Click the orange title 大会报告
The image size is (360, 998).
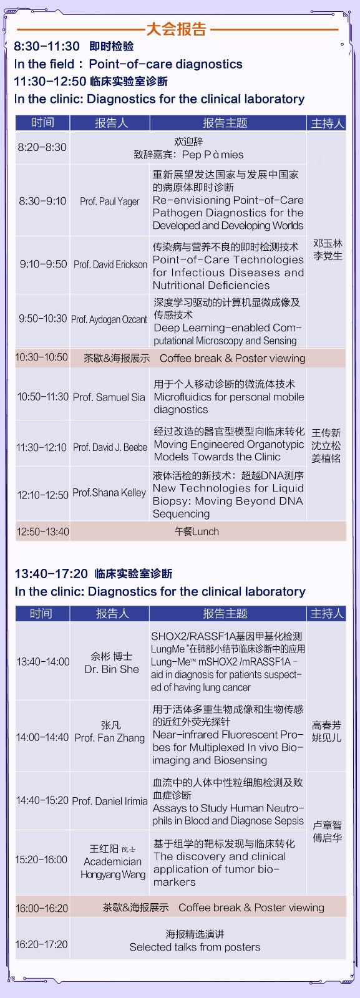tap(177, 29)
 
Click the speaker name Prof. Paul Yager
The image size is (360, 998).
tap(110, 201)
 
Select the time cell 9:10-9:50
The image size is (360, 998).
tap(43, 264)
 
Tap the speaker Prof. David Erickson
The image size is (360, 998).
tap(110, 264)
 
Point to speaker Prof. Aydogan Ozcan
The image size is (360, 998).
tap(109, 319)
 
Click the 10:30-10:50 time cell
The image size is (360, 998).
tap(42, 357)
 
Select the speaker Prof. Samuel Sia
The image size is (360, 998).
tap(109, 397)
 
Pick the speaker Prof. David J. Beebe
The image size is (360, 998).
tap(110, 447)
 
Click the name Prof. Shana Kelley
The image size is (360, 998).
tap(109, 493)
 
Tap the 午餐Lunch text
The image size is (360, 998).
tap(197, 531)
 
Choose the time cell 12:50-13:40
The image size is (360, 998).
tap(43, 531)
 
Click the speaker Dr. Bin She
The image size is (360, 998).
tap(112, 669)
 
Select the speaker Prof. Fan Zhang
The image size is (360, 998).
tap(110, 738)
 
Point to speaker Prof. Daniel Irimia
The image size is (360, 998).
tap(110, 801)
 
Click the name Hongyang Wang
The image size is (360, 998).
tap(113, 874)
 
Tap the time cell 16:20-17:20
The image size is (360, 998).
tap(41, 944)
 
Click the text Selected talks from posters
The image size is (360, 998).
tap(195, 947)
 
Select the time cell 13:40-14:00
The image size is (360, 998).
tap(43, 662)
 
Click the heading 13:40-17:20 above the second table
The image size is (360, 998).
tap(51, 573)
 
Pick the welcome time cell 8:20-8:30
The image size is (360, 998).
tap(42, 147)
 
